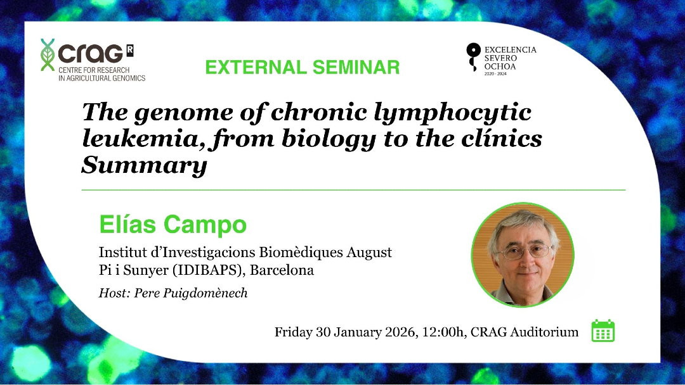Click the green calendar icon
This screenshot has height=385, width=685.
pos(603,331)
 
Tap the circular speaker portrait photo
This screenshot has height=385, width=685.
pos(523,255)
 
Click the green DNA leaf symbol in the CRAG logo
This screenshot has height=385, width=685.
pos(47,54)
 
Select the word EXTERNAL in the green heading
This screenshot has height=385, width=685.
pos(256,67)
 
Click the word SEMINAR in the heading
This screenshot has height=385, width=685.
pos(356,67)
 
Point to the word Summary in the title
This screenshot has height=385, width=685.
pos(144,165)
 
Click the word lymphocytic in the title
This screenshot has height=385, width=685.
pos(453,113)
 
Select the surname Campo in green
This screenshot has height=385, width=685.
pos(205,225)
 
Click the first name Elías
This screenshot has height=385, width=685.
pos(127,224)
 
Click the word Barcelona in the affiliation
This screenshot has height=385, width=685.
pos(282,270)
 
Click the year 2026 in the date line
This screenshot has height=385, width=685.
pos(400,332)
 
